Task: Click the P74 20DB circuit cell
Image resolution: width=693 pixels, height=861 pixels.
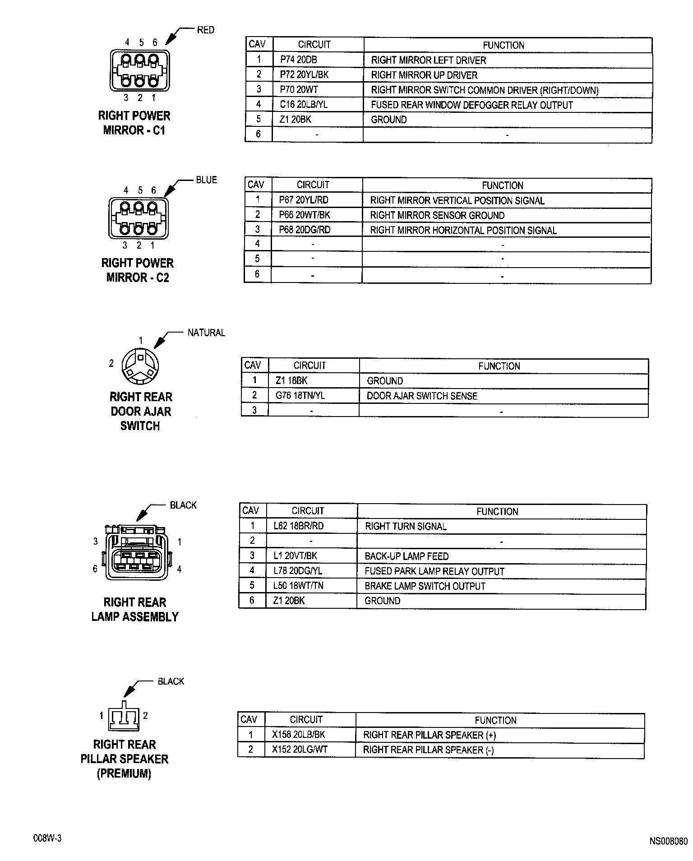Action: point(298,60)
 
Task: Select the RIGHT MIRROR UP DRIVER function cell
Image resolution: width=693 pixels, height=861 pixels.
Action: point(424,75)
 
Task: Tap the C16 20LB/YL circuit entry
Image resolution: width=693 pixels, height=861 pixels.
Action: point(304,105)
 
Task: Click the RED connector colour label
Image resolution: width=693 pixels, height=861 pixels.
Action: point(206,30)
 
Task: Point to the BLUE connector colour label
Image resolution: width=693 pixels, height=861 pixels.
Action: point(206,180)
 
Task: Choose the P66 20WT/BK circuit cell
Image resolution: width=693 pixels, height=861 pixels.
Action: point(305,215)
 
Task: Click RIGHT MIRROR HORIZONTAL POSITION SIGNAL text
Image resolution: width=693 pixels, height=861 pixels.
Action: point(463,230)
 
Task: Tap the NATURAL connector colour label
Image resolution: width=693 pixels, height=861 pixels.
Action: point(206,333)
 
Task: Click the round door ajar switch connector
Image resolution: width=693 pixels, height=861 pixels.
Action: point(140,365)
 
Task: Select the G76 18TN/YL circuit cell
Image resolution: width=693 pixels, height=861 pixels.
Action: point(300,396)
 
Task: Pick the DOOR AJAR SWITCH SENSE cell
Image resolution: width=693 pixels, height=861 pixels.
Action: point(422,396)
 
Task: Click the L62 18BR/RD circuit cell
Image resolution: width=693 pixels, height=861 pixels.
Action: point(298,526)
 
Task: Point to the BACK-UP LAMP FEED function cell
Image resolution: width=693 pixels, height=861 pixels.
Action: point(407,556)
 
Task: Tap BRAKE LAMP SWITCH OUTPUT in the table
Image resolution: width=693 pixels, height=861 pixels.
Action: point(425,586)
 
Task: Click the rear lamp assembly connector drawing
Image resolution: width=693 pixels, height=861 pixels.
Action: point(136,551)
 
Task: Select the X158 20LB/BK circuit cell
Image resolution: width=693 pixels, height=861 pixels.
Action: point(298,735)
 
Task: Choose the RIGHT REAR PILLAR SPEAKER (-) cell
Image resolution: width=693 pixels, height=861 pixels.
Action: point(429,750)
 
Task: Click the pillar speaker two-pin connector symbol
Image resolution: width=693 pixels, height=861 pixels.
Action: point(124,717)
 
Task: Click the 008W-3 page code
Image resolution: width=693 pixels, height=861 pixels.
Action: point(47,838)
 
